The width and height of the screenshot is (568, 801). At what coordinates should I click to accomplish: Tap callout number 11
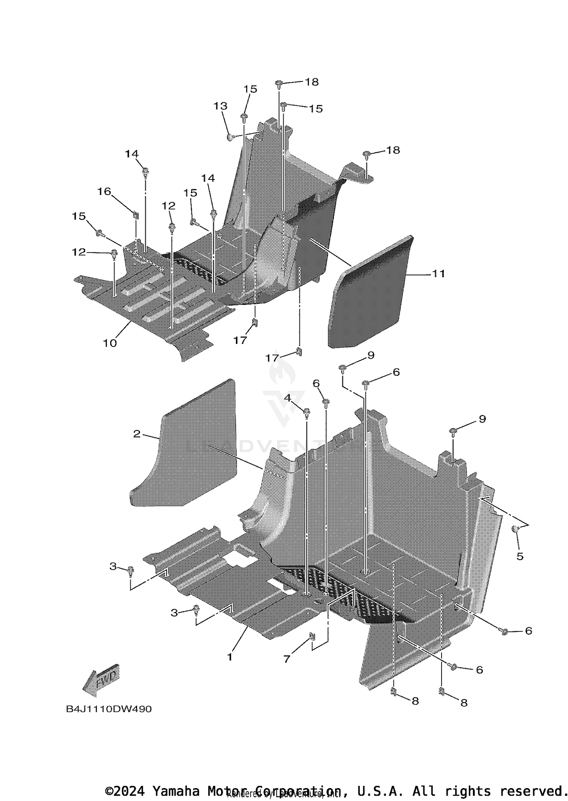[x=438, y=273]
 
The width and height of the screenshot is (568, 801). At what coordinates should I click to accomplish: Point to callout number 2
[x=137, y=434]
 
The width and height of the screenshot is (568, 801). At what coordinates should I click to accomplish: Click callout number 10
[x=110, y=343]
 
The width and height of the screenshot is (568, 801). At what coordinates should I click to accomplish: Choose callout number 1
[x=229, y=657]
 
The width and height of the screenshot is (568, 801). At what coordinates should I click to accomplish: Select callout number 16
[x=104, y=192]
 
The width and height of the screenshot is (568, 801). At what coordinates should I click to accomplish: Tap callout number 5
[x=520, y=556]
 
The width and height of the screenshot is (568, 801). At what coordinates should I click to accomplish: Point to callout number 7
[x=287, y=659]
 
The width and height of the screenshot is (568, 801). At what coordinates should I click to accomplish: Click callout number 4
[x=288, y=398]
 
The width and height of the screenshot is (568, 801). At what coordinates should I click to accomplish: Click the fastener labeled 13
[x=230, y=137]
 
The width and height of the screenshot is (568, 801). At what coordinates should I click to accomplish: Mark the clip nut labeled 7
[x=312, y=635]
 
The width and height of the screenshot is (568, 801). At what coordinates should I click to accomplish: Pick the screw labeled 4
[x=307, y=411]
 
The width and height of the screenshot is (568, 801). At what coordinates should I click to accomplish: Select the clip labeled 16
[x=135, y=215]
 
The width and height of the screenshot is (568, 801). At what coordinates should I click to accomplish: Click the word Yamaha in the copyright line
[x=176, y=791]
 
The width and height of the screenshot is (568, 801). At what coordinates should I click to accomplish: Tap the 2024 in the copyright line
[x=129, y=791]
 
